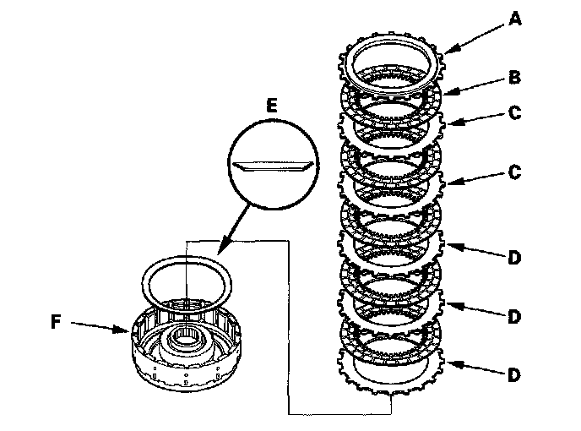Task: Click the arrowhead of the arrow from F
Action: (x=128, y=331)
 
